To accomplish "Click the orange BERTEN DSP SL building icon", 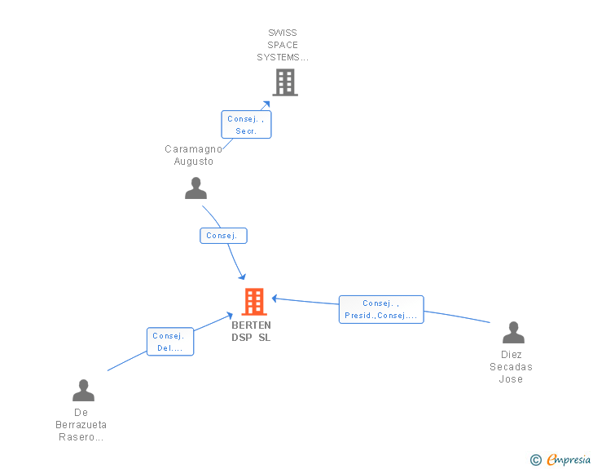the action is (x=254, y=302).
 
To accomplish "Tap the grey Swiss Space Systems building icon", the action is (x=285, y=82).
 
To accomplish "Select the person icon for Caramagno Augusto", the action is (x=195, y=188).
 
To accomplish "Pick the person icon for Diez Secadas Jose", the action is (x=513, y=332).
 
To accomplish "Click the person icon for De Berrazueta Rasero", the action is (x=84, y=390).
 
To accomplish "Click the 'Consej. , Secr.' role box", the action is (x=246, y=125).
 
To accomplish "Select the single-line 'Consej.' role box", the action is (x=223, y=236).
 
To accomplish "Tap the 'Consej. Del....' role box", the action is (x=170, y=342).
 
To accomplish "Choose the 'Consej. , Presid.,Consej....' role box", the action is (x=381, y=309).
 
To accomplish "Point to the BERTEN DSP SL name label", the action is (x=251, y=331).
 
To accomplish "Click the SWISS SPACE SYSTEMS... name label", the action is (x=283, y=45).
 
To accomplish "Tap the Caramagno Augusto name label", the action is (x=193, y=155).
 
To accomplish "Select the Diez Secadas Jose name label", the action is (x=511, y=367).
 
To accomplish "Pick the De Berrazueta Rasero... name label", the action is (x=81, y=425).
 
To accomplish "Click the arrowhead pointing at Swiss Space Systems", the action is (x=266, y=104).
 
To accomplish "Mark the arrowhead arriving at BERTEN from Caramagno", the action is (x=243, y=277).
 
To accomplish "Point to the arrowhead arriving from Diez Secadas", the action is (x=275, y=299).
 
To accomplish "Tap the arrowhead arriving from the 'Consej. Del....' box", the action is (x=229, y=315).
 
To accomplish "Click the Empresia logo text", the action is (x=569, y=459).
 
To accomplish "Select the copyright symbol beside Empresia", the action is (x=536, y=460).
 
